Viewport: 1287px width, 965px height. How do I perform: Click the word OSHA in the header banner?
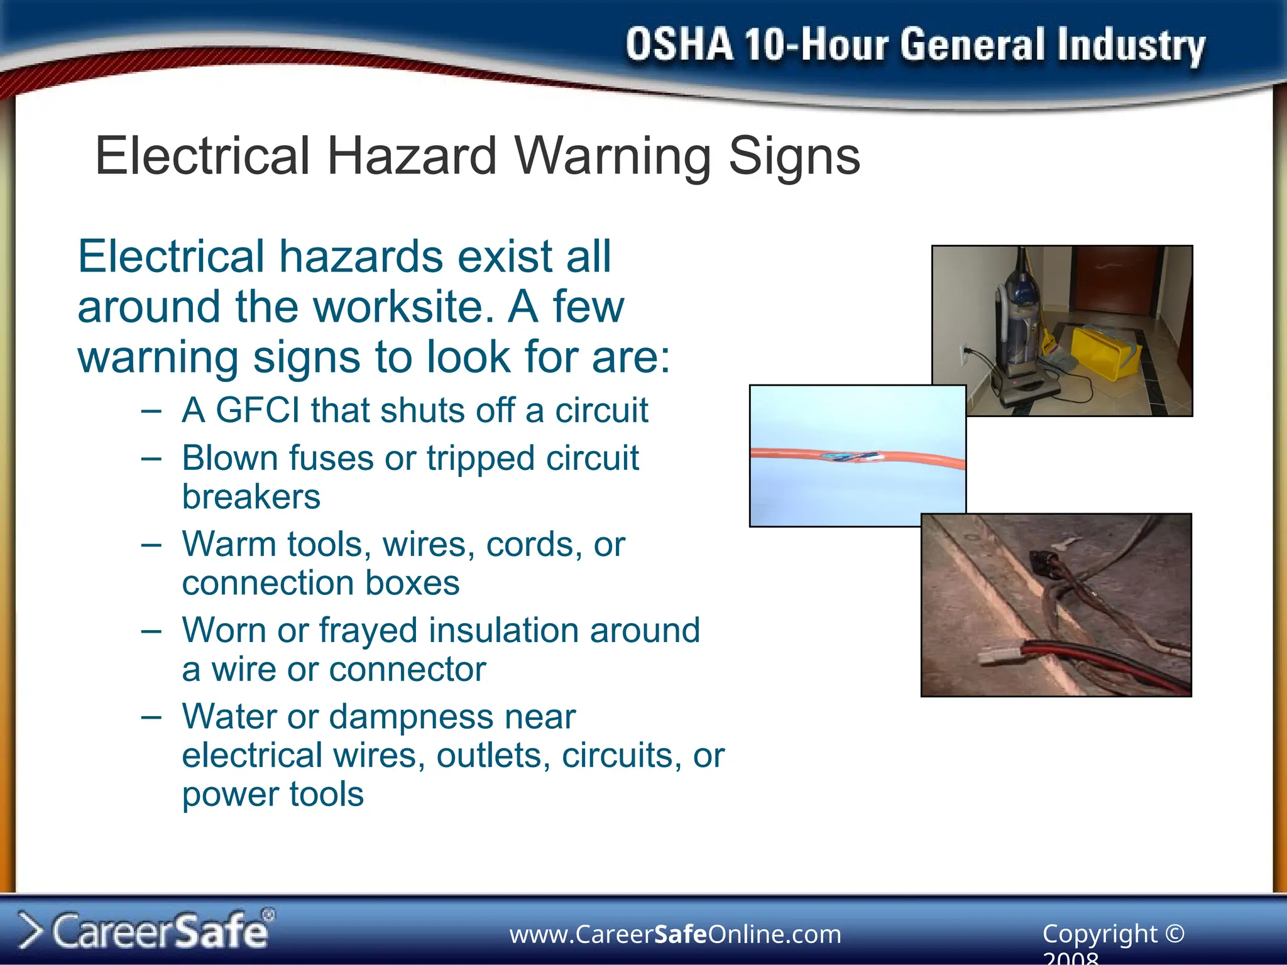[x=679, y=45]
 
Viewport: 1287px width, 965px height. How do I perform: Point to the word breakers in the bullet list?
[x=251, y=497]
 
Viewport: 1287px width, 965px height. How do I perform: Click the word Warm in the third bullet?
[x=229, y=544]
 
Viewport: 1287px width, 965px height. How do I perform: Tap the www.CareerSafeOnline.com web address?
[x=675, y=934]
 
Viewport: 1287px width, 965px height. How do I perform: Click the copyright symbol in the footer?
[x=1174, y=933]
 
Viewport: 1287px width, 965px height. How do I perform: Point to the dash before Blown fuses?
[x=151, y=459]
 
